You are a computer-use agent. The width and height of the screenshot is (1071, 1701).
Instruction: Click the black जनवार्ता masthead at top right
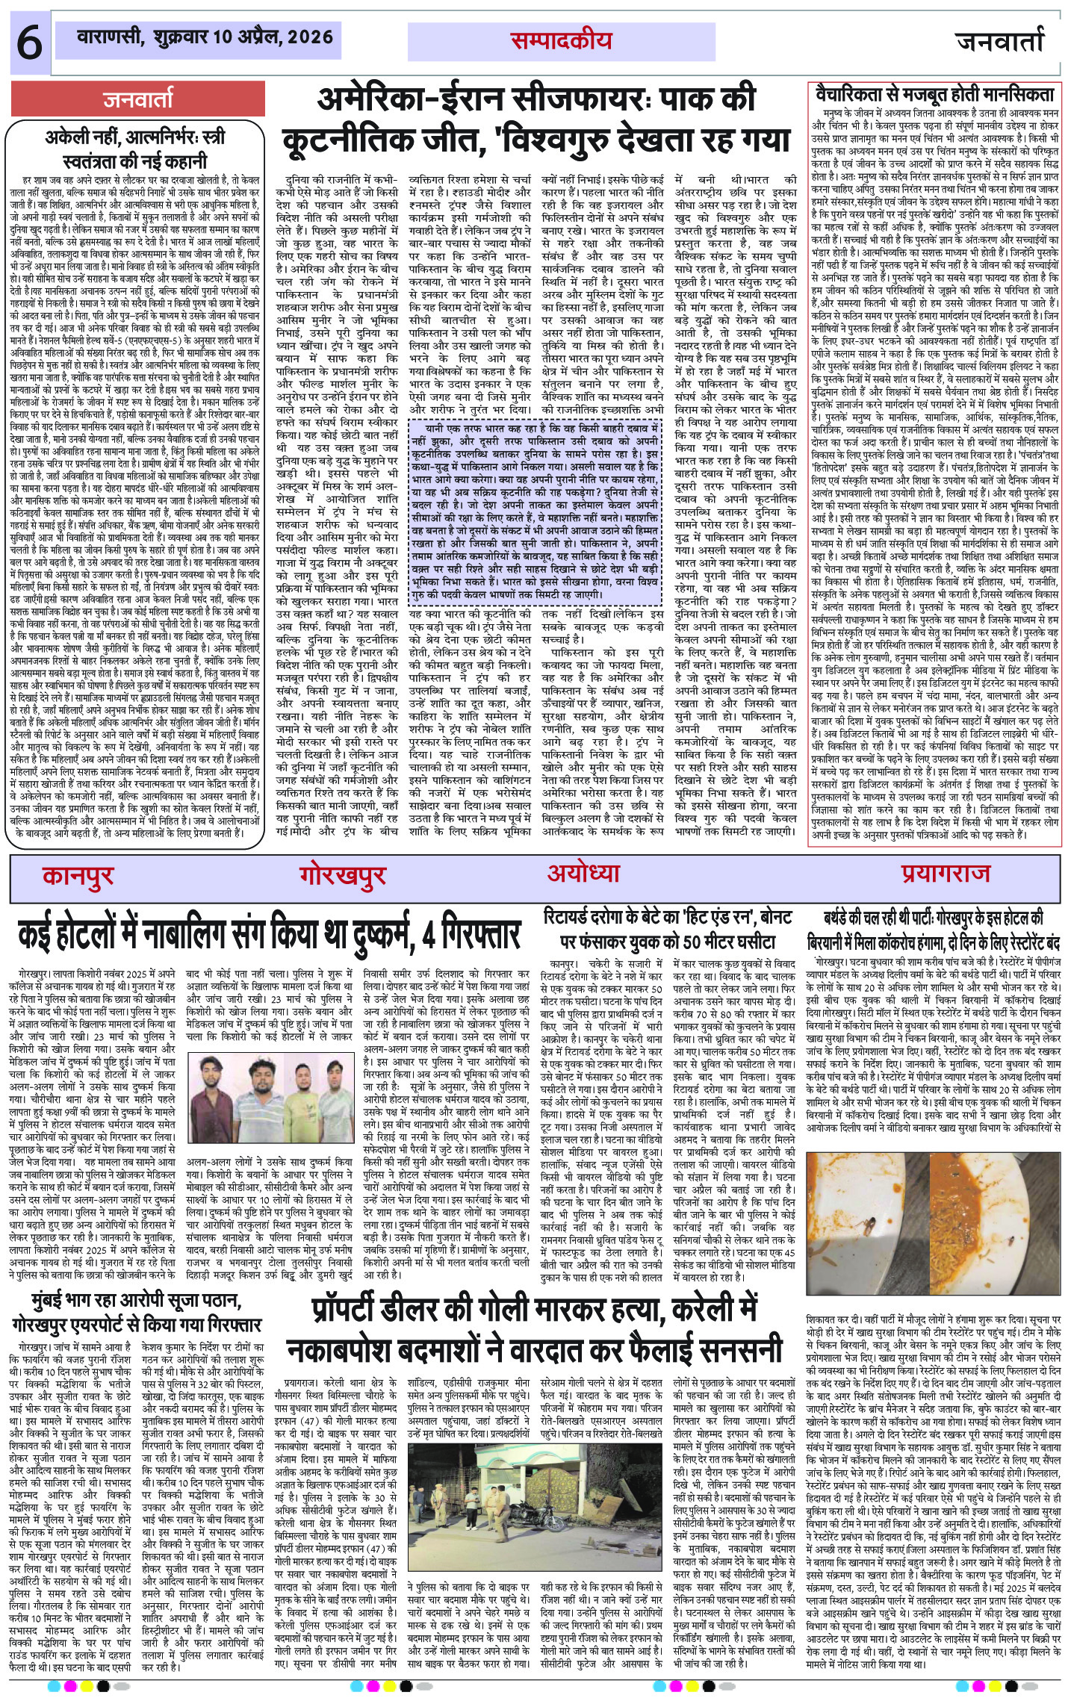(x=999, y=42)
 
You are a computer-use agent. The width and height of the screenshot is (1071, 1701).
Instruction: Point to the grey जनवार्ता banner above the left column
(x=138, y=99)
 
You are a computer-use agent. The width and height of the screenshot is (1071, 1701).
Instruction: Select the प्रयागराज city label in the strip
(x=945, y=872)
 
